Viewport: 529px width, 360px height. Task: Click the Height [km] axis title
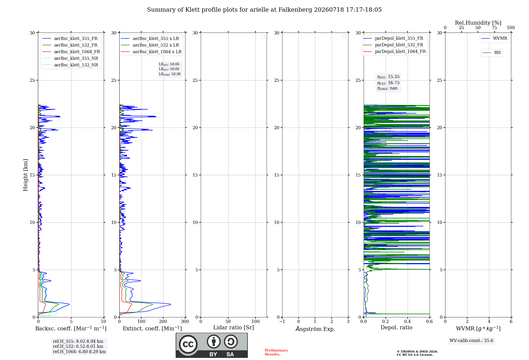(x=25, y=175)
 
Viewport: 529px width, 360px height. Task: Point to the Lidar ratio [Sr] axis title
(x=234, y=328)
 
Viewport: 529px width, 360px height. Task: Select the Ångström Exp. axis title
(x=315, y=329)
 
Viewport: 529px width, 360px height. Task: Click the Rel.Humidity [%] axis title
(x=478, y=23)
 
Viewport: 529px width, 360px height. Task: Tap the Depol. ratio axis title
(x=396, y=328)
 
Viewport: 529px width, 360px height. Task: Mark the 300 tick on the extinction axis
(x=185, y=322)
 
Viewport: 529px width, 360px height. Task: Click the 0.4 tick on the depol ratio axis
(x=408, y=322)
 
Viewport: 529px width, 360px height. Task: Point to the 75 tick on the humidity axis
(x=494, y=28)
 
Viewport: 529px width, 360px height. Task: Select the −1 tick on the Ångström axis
(x=282, y=322)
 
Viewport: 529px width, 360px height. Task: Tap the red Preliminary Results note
(x=276, y=352)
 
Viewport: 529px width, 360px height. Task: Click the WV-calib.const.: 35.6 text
(x=471, y=341)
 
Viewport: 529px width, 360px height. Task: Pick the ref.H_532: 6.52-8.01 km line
(x=78, y=346)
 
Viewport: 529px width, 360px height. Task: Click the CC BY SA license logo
(x=212, y=345)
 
